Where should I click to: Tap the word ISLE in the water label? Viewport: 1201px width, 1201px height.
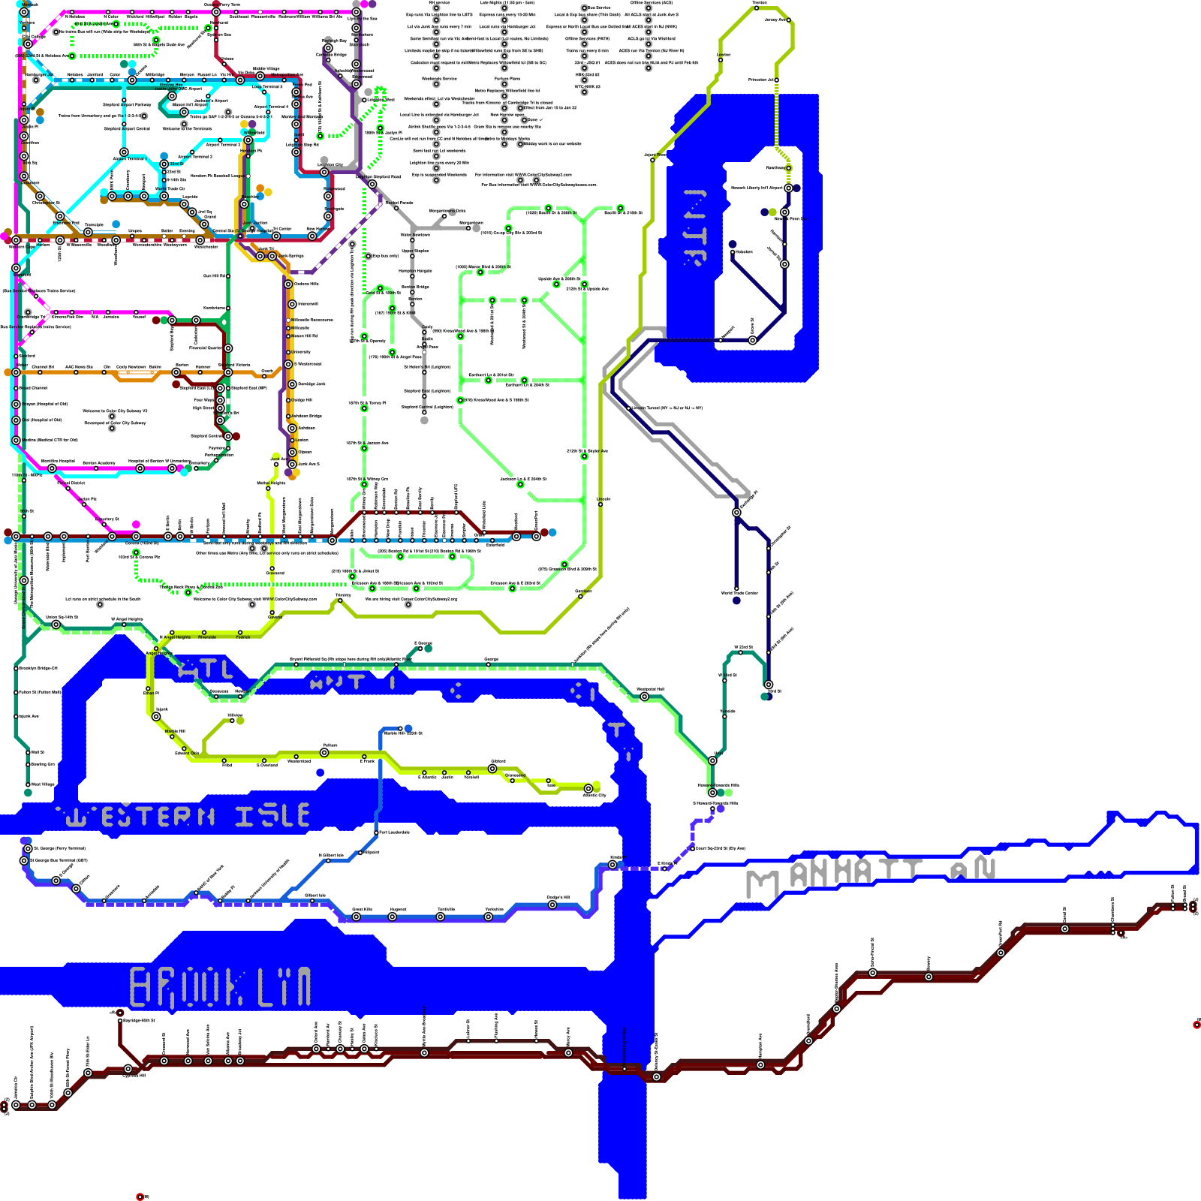point(272,816)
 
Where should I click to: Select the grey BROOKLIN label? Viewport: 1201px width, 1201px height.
point(221,987)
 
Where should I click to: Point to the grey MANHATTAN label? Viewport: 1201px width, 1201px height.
point(871,874)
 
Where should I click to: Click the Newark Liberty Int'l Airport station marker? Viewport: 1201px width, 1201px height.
point(788,188)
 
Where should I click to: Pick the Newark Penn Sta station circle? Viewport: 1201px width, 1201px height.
point(784,212)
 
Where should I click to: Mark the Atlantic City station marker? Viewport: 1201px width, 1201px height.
point(588,789)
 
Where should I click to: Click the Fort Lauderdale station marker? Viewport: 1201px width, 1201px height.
point(377,832)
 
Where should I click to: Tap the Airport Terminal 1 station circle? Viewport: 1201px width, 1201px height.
point(248,140)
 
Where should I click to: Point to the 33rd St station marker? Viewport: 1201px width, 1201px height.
point(164,164)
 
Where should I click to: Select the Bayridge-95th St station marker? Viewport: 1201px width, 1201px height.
point(120,1021)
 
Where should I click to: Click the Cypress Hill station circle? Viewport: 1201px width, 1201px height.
point(128,1069)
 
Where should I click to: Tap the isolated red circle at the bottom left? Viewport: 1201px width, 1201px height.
point(140,1196)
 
